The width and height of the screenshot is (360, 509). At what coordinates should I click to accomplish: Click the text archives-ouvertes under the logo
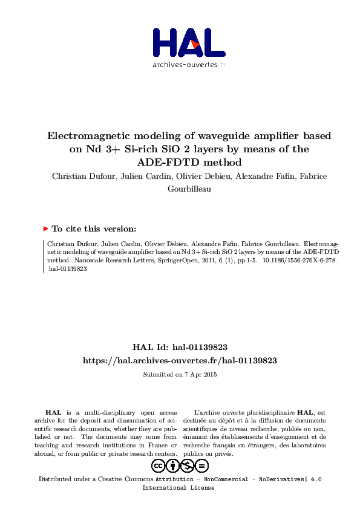point(185,65)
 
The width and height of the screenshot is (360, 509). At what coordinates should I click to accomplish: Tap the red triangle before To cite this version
point(45,229)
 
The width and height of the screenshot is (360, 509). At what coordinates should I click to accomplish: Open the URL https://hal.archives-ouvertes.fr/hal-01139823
point(180,360)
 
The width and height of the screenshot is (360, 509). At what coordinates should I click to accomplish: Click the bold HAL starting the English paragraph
point(53,411)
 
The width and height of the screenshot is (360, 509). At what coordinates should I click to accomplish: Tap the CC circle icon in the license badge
point(159,465)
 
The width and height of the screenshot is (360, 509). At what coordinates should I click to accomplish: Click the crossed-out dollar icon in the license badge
point(188,465)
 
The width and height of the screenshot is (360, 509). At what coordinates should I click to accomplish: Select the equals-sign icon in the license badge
point(202,465)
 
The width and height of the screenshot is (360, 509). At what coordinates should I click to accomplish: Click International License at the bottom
point(178,487)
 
